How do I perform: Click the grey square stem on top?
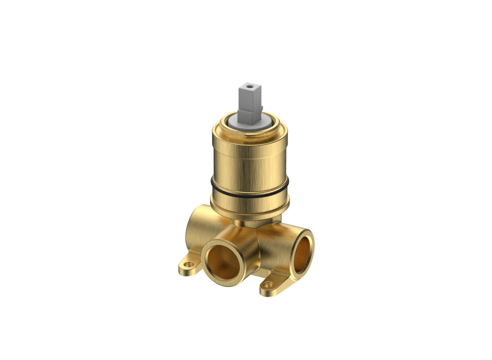[x=250, y=99]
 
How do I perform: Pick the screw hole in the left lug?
[x=188, y=264]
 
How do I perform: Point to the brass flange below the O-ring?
[x=250, y=206]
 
